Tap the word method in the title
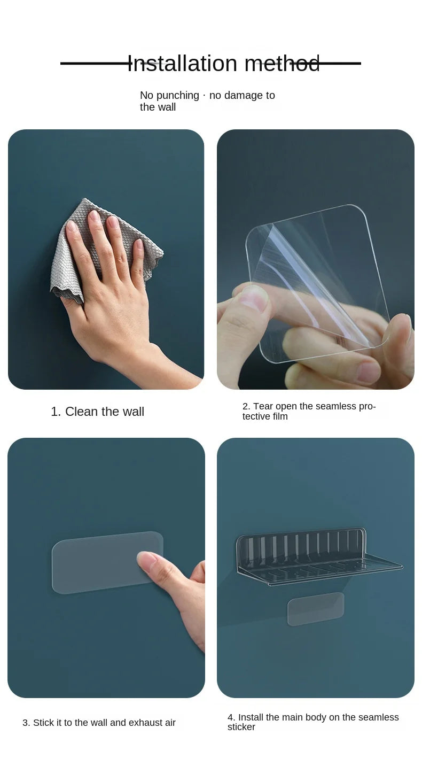click(x=282, y=64)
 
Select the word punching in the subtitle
click(x=178, y=96)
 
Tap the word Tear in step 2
click(x=263, y=406)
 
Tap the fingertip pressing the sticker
click(x=146, y=559)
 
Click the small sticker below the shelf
click(x=316, y=609)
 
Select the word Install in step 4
click(x=251, y=717)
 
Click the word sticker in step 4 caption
click(x=241, y=727)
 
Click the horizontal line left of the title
click(x=94, y=64)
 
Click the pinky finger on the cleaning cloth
click(x=138, y=258)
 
